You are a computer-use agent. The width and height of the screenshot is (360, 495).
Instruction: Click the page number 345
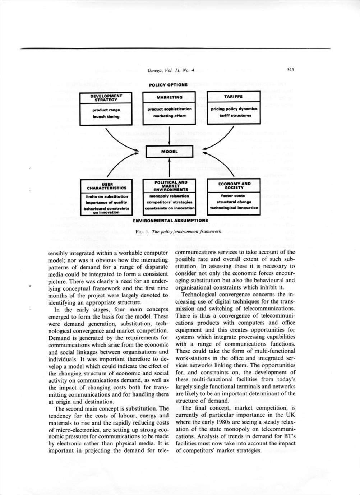[290, 70]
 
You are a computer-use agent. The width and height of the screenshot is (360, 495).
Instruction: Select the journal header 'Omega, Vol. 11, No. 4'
[171, 70]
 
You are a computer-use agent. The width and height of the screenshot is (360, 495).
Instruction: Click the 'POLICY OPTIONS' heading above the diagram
[168, 85]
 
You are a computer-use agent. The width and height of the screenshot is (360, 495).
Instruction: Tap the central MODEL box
[169, 152]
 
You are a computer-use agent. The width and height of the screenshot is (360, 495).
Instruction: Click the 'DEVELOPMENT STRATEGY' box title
[106, 98]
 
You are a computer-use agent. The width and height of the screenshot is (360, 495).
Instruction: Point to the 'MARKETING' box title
[169, 97]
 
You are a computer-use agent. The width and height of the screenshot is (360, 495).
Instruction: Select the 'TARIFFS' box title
[234, 97]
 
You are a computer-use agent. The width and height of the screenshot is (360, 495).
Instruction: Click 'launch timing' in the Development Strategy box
[106, 116]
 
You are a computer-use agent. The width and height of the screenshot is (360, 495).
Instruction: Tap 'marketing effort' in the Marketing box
[169, 116]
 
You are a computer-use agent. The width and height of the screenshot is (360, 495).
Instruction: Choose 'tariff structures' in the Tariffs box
[234, 115]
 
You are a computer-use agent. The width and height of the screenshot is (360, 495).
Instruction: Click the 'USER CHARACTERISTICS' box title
[106, 186]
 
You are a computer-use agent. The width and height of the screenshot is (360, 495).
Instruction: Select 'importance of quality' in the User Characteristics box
[106, 202]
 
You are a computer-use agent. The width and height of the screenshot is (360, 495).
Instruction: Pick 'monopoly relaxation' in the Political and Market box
[169, 196]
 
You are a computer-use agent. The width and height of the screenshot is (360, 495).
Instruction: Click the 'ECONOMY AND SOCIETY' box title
[234, 185]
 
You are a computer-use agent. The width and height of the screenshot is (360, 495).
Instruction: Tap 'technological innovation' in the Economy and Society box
[234, 208]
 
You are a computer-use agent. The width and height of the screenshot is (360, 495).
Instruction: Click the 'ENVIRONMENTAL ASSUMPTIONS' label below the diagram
[170, 220]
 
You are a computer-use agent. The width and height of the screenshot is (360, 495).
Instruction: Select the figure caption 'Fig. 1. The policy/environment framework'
[179, 232]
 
